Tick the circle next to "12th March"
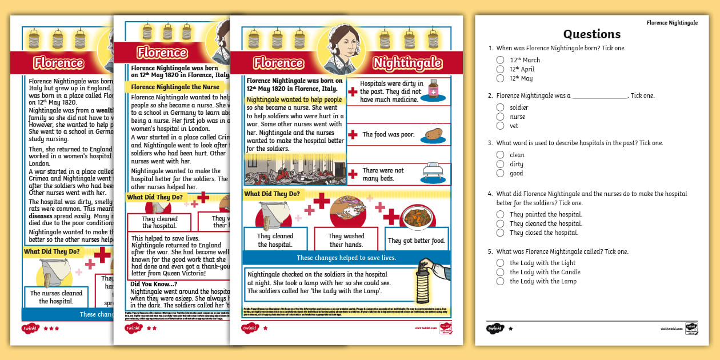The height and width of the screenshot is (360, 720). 500,60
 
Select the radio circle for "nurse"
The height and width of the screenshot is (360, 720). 500,117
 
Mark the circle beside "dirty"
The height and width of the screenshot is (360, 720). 500,164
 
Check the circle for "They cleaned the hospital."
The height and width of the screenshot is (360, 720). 500,223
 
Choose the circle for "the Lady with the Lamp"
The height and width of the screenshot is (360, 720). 500,281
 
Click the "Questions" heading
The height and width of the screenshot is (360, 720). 591,34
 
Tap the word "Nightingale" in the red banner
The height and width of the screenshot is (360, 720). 407,62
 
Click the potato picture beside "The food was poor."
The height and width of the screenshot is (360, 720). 435,135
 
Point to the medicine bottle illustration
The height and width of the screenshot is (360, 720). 434,90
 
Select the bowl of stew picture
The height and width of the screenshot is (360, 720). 416,217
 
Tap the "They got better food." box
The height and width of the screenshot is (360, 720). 416,241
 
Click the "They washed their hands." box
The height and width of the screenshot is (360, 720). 346,240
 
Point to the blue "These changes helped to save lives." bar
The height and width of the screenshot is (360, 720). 346,258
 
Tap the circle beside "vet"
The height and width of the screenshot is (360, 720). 500,126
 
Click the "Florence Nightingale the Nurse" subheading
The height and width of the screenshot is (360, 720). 175,87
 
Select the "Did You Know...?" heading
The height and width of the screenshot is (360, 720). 154,284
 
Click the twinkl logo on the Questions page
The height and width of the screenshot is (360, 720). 495,329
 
